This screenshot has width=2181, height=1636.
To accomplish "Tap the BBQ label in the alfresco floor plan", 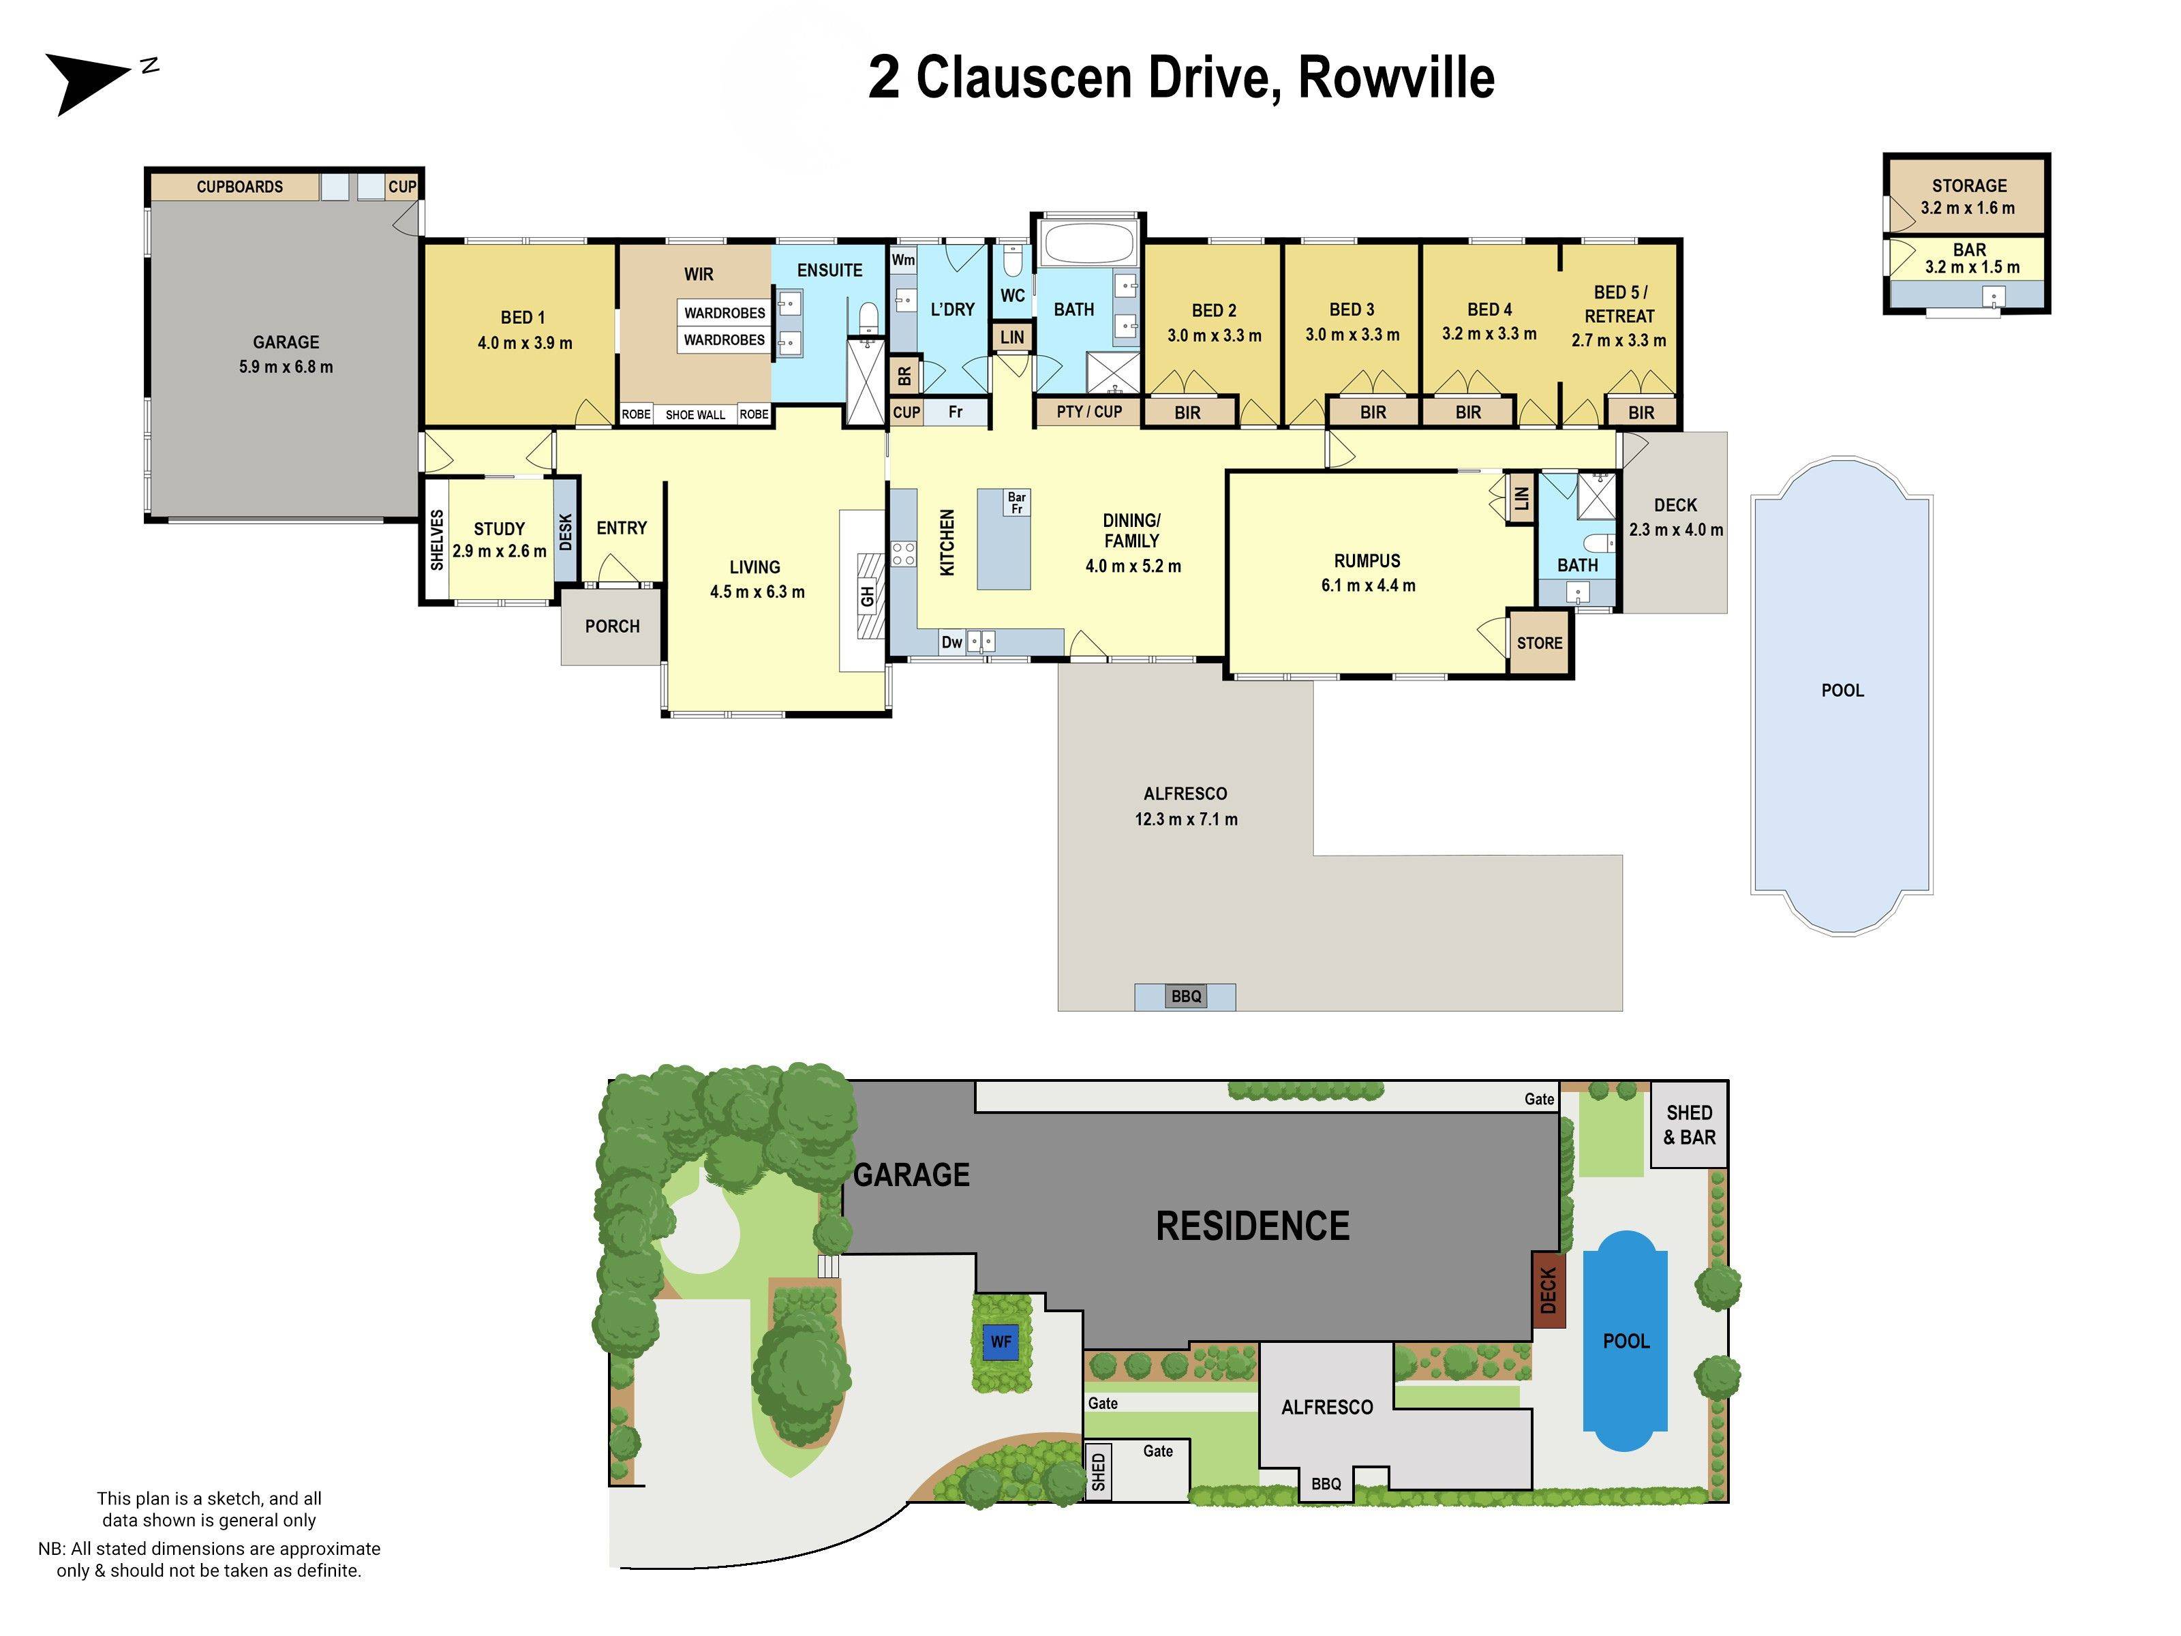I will point(1186,996).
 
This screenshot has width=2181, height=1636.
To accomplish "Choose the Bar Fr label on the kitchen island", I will point(1017,502).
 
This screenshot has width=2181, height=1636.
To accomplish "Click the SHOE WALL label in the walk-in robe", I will point(695,415).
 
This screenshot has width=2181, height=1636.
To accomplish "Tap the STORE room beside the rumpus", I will point(1539,643).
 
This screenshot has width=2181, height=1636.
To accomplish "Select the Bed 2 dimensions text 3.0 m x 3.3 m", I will point(1214,335).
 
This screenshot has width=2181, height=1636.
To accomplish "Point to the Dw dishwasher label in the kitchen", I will point(951,643).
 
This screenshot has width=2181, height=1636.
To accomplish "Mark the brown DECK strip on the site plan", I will point(1548,1290).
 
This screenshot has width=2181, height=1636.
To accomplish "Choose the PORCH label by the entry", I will point(611,626).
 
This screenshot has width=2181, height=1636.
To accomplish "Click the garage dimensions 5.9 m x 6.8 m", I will point(286,367).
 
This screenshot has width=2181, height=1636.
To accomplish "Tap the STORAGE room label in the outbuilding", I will point(1968,185).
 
